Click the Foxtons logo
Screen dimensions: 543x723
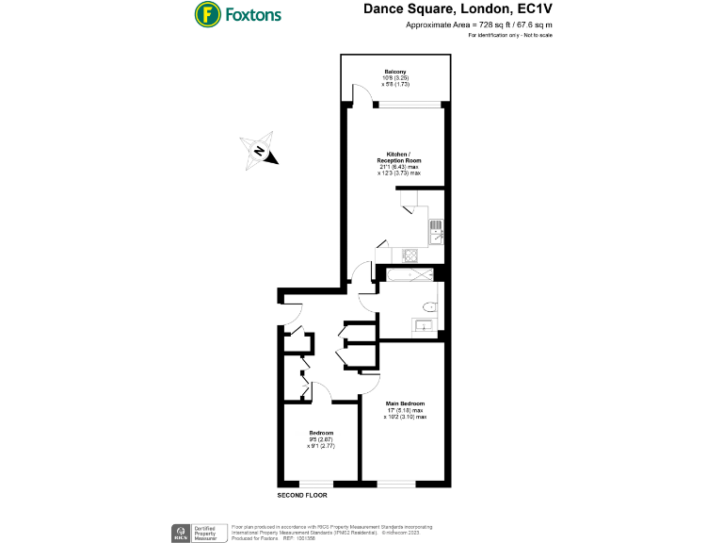click(237, 15)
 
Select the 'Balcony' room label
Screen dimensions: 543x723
click(394, 72)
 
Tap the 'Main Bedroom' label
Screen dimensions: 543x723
click(404, 404)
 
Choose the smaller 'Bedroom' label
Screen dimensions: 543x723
click(320, 433)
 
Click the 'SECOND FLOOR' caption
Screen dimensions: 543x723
click(302, 495)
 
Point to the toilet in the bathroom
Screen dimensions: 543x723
click(430, 305)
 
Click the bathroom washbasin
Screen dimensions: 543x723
click(423, 326)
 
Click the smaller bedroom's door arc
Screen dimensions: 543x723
click(320, 390)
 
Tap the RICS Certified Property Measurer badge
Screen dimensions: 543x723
click(193, 532)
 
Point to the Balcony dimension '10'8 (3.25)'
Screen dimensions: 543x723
click(394, 78)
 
